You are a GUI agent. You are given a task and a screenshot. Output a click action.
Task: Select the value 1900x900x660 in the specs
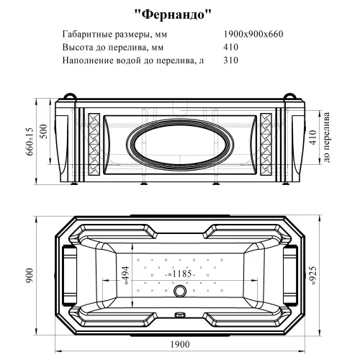click(x=254, y=34)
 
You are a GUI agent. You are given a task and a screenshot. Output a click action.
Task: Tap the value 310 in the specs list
click(x=231, y=61)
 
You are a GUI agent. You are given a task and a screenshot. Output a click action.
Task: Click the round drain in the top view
click(x=179, y=292)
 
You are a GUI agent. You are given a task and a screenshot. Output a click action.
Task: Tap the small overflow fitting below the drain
click(x=179, y=315)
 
